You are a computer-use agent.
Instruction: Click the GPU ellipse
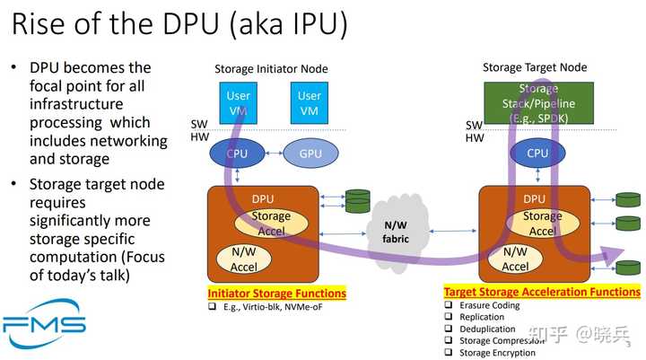coord(310,154)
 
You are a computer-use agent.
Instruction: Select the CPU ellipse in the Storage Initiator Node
coord(238,154)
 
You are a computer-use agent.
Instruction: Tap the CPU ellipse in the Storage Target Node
coord(537,154)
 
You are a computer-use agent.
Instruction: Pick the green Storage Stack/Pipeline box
coord(541,102)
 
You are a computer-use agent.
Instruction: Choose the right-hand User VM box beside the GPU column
coord(310,102)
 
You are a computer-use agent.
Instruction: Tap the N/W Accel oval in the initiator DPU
coord(244,259)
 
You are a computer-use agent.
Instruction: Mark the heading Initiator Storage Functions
coord(276,294)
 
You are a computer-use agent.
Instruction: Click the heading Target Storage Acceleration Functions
coord(542,292)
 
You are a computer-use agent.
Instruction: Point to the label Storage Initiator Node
coord(271,69)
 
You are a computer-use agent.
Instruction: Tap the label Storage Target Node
coord(535,67)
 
